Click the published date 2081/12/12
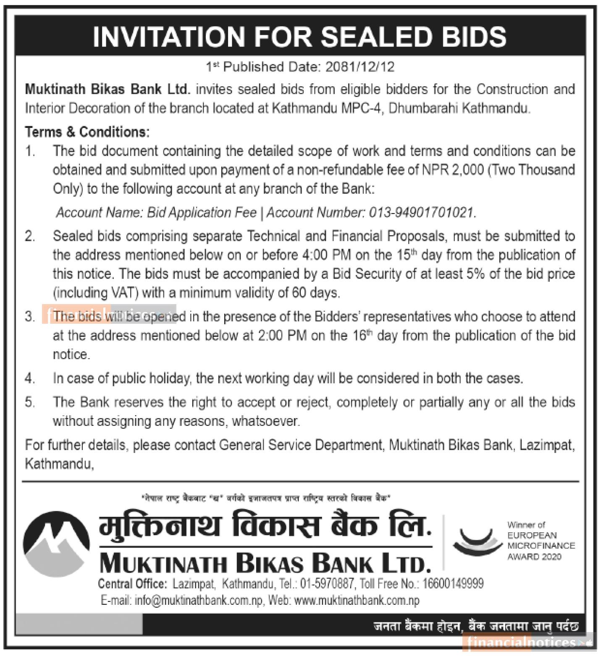coord(360,67)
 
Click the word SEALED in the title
coord(376,36)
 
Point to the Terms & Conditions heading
coord(87,132)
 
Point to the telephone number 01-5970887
coord(328,583)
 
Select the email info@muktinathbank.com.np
coord(198,601)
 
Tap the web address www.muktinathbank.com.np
coord(357,601)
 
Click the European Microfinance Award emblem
coord(478,541)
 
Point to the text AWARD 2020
coord(534,557)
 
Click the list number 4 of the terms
coord(29,379)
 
